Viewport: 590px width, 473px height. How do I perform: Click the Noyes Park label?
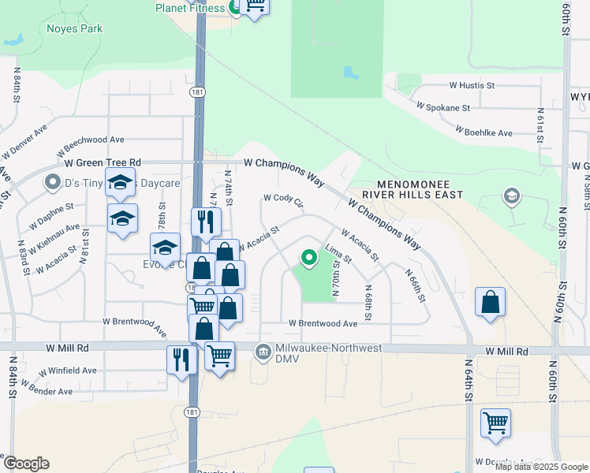[75, 29]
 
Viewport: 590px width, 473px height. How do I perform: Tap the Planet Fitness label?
[189, 8]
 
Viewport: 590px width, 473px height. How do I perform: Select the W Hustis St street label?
[472, 85]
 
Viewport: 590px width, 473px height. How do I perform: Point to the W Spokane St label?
[442, 106]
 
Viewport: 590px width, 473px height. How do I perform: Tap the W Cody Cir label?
[283, 199]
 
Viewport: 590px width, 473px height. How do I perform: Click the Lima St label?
[338, 254]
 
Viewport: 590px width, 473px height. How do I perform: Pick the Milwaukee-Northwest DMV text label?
[329, 349]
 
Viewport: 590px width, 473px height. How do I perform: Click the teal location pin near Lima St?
[309, 257]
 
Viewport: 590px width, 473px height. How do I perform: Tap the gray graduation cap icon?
[511, 196]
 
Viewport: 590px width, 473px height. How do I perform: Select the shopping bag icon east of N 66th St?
[490, 303]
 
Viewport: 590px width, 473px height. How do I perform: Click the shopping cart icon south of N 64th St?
[495, 424]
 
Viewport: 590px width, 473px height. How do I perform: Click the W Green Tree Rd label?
[103, 162]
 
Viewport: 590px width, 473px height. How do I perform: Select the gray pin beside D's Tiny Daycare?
[53, 183]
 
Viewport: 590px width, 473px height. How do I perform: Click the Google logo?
[25, 464]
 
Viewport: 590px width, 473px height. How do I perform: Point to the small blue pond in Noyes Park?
[13, 39]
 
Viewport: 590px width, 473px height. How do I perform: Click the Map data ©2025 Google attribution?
[541, 467]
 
